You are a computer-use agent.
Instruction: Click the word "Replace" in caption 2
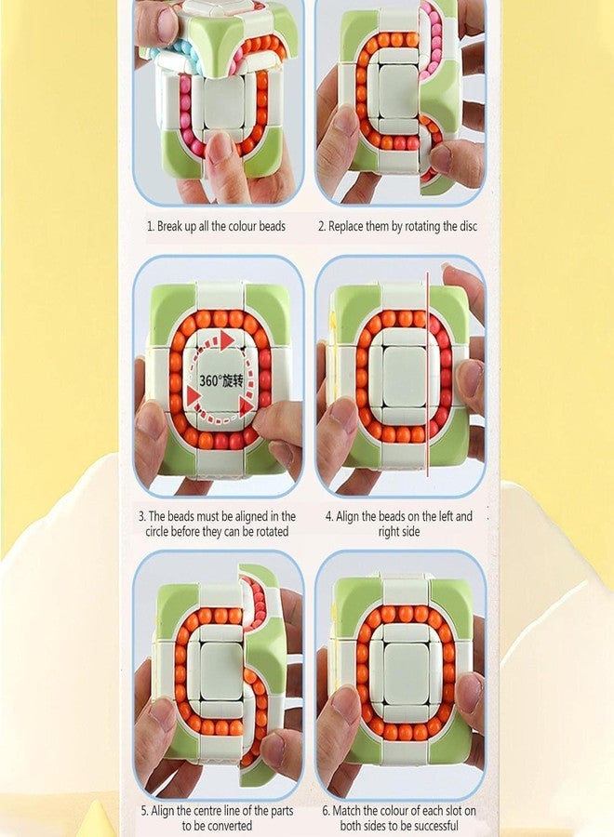tap(349, 226)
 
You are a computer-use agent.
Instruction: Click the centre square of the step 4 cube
tap(402, 377)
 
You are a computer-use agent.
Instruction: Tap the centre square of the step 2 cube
tap(398, 90)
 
